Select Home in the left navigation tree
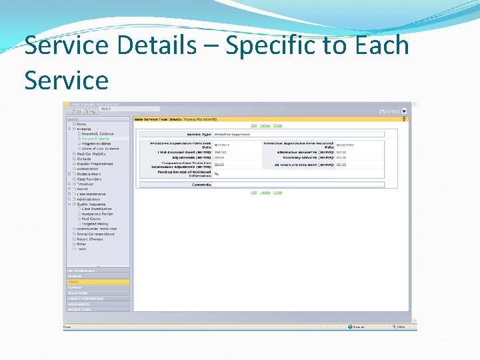pyautogui.click(x=81, y=124)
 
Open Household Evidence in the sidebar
pyautogui.click(x=97, y=133)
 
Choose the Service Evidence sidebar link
pyautogui.click(x=95, y=139)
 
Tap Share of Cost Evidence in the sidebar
pyautogui.click(x=100, y=149)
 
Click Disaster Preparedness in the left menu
pyautogui.click(x=95, y=164)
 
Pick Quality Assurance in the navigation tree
pyautogui.click(x=92, y=204)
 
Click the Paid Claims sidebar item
pyautogui.click(x=91, y=219)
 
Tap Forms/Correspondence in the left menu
pyautogui.click(x=95, y=234)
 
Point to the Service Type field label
pyautogui.click(x=198, y=134)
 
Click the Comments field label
pyautogui.click(x=201, y=184)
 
